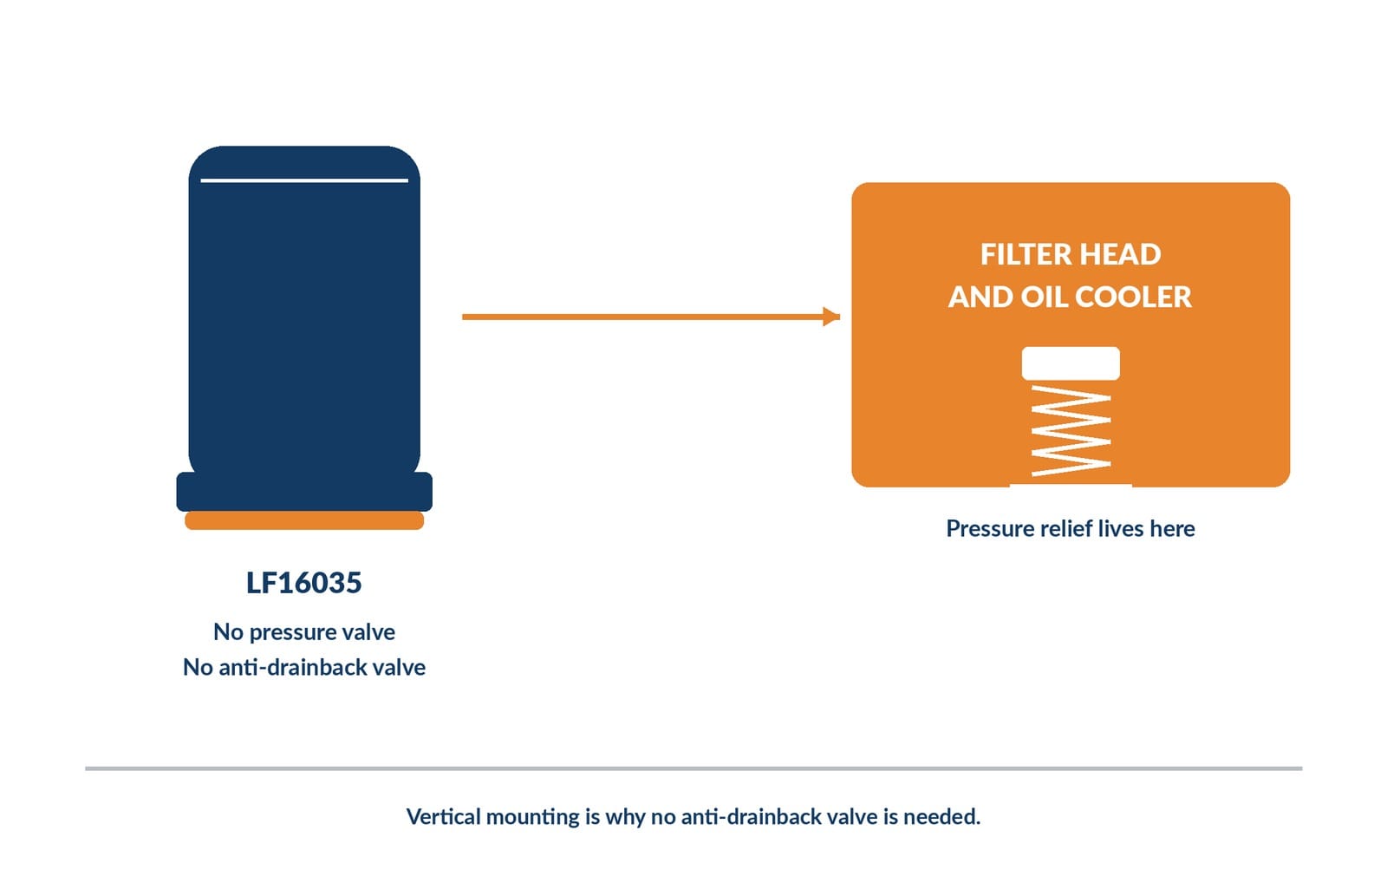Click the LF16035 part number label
pyautogui.click(x=303, y=583)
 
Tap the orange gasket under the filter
pyautogui.click(x=304, y=520)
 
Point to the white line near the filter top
pyautogui.click(x=304, y=180)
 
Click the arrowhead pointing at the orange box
pyautogui.click(x=831, y=317)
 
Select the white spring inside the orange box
pyautogui.click(x=1071, y=431)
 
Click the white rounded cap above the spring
pyautogui.click(x=1071, y=363)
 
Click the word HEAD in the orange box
pyautogui.click(x=1121, y=255)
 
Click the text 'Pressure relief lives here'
pyautogui.click(x=1071, y=528)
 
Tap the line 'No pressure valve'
pyautogui.click(x=304, y=632)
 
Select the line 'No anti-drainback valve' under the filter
pyautogui.click(x=304, y=667)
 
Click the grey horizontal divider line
pyautogui.click(x=693, y=768)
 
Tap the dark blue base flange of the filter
pyautogui.click(x=304, y=492)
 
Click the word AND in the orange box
pyautogui.click(x=980, y=297)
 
